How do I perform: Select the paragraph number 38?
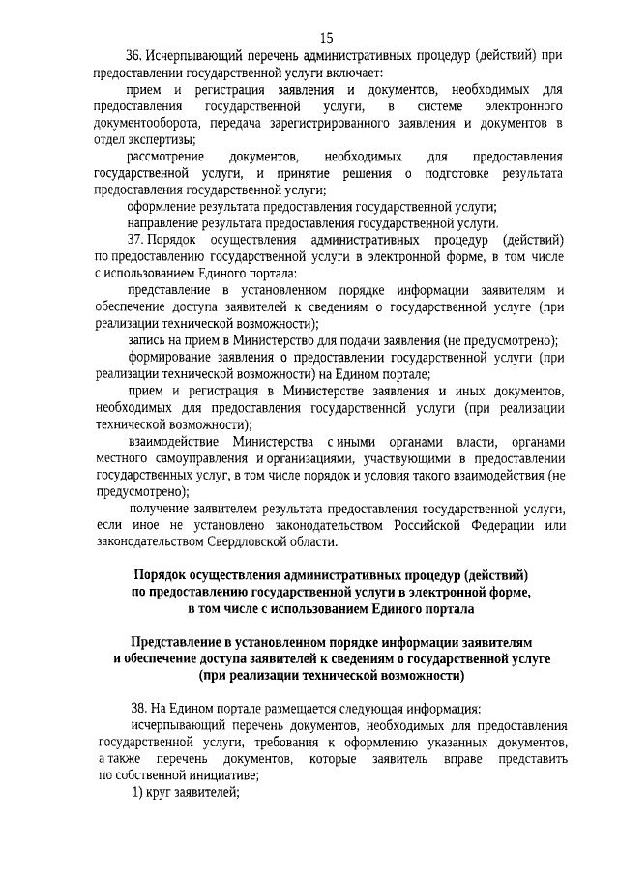[x=140, y=708]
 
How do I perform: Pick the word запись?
[x=147, y=340]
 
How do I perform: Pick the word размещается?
[x=282, y=708]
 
